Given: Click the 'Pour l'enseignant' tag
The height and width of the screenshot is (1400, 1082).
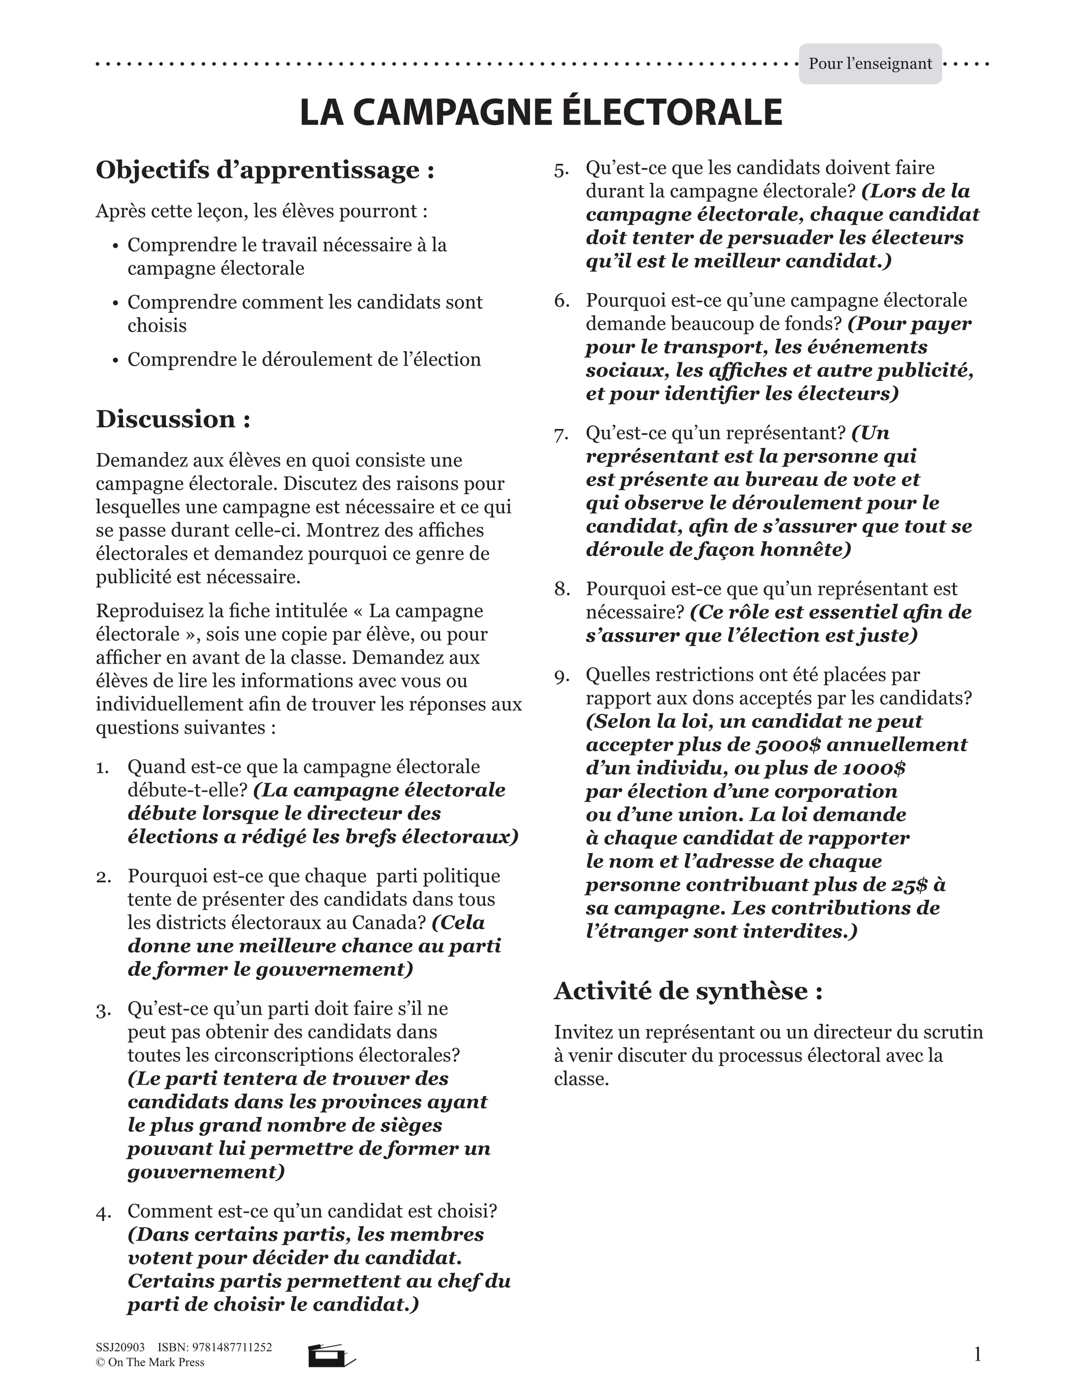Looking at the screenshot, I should (x=870, y=64).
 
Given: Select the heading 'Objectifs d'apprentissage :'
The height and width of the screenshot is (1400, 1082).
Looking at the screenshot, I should (x=265, y=170).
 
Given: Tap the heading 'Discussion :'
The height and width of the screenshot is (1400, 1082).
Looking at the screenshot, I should (x=173, y=419).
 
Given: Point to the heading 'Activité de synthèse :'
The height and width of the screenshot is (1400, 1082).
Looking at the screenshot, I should (x=688, y=991).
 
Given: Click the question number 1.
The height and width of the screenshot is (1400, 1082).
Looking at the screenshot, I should (x=102, y=767).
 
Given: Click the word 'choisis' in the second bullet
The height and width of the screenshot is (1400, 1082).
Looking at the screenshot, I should (x=157, y=325).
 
